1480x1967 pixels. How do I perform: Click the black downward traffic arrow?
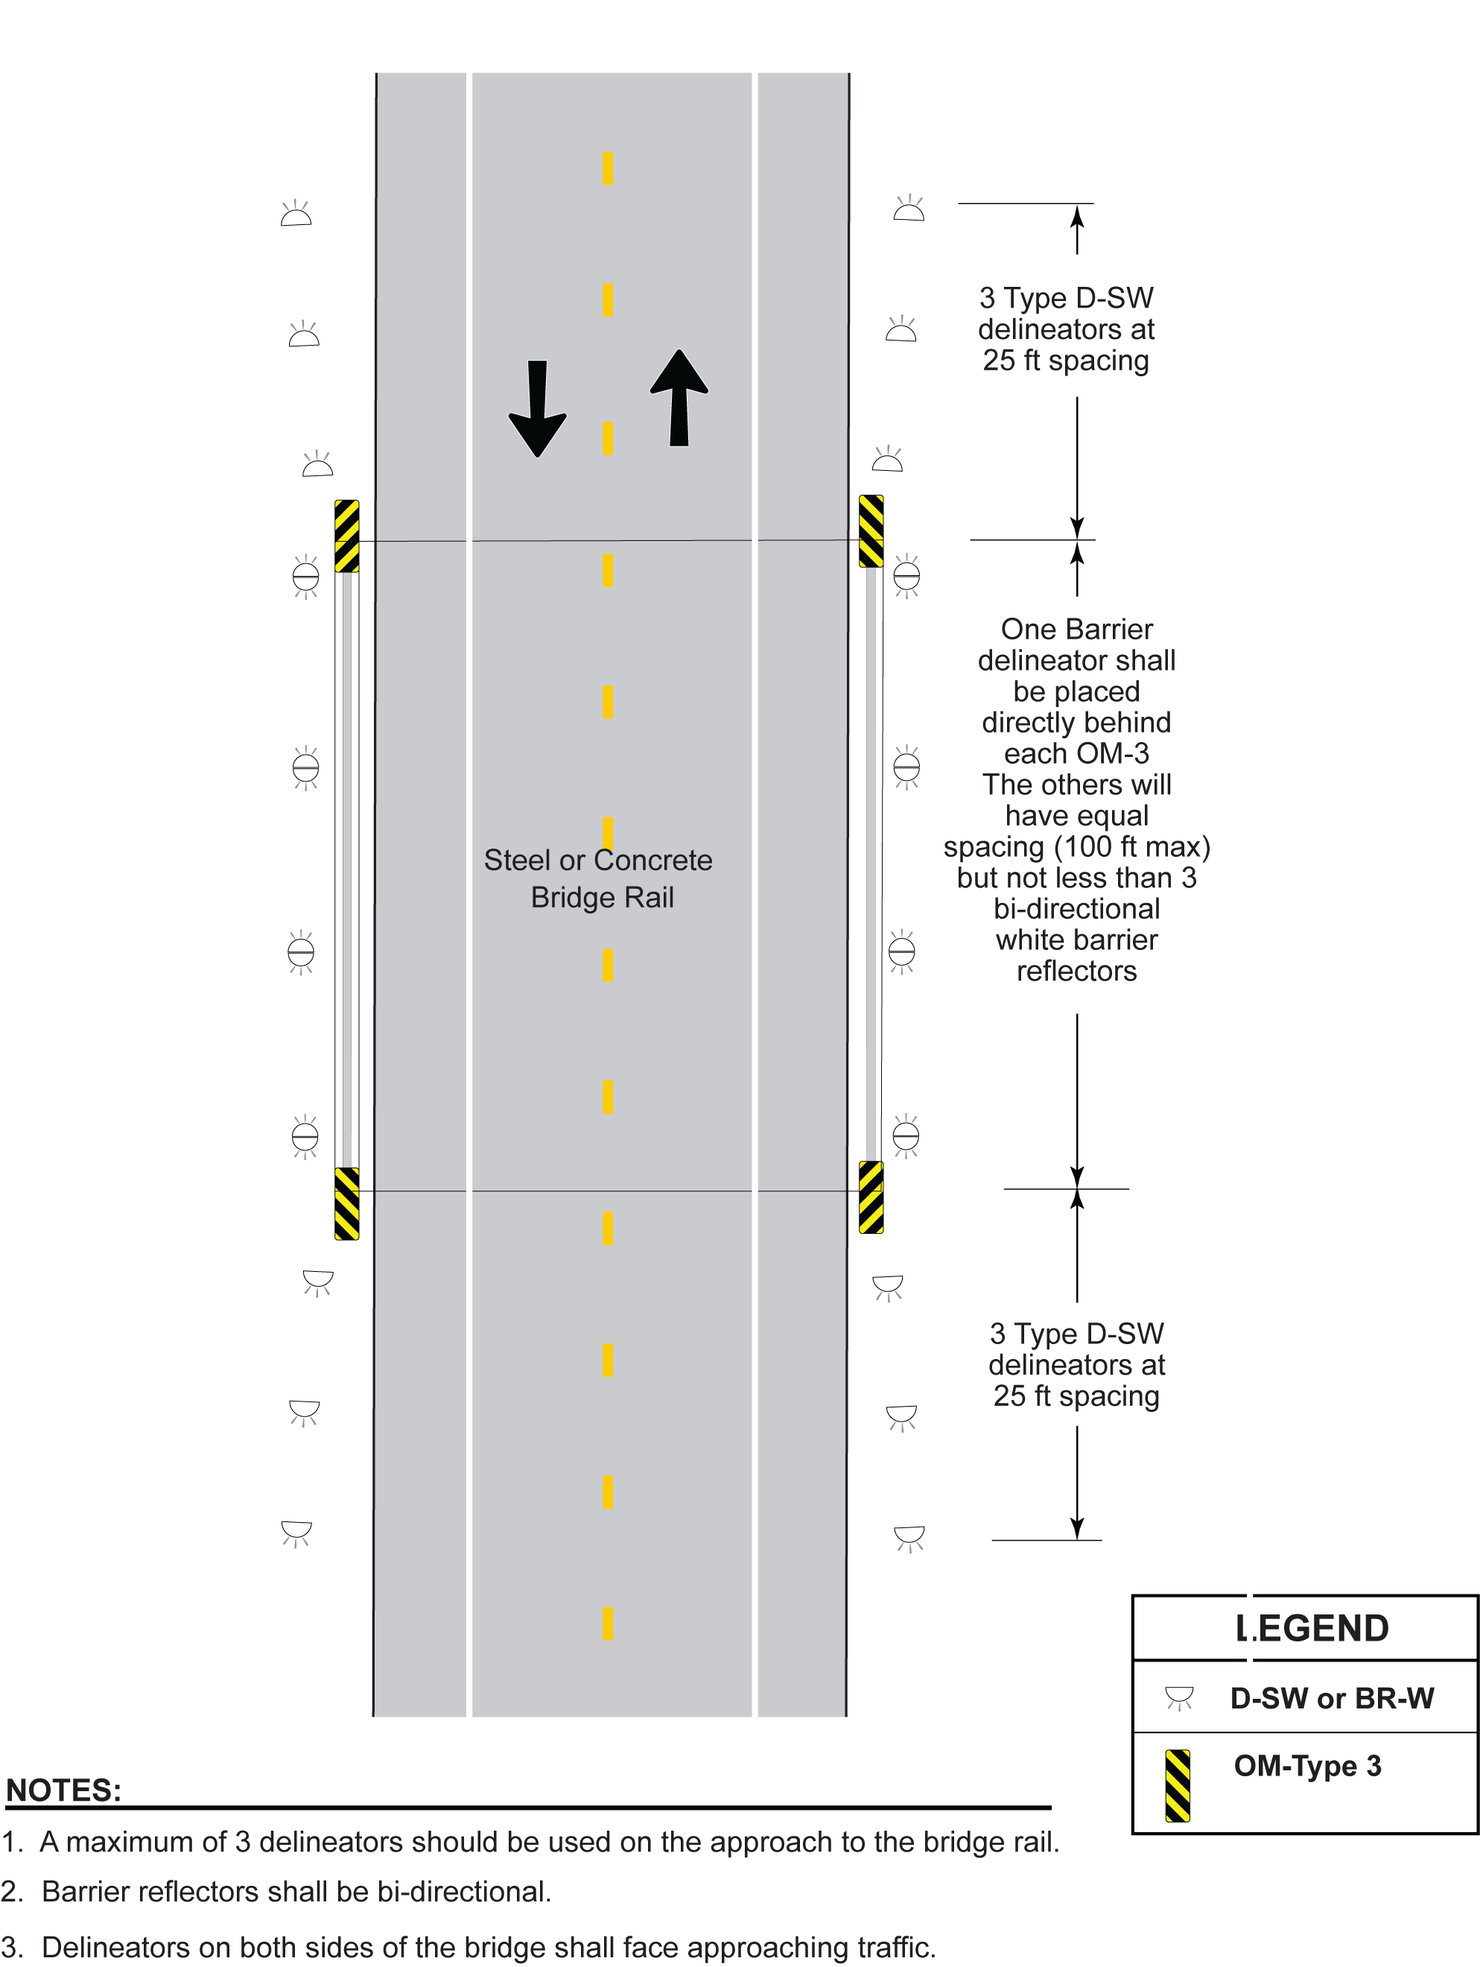click(537, 409)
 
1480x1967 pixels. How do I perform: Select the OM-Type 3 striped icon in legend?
click(1177, 1786)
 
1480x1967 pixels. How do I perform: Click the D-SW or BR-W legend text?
click(1331, 1699)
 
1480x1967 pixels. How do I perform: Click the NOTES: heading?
click(63, 1790)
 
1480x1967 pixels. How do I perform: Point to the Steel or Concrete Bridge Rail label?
click(598, 878)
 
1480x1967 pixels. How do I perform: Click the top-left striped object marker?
click(346, 536)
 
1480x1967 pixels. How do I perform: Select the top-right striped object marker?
click(871, 531)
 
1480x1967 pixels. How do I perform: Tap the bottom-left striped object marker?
click(346, 1203)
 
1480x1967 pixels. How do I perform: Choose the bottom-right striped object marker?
click(871, 1197)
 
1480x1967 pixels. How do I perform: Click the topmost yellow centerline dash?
click(608, 168)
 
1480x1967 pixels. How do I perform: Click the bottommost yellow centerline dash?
click(608, 1624)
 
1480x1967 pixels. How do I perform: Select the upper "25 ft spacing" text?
click(1065, 360)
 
